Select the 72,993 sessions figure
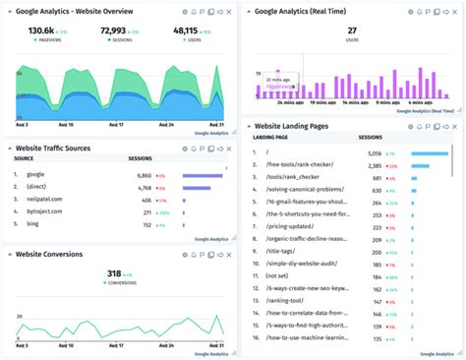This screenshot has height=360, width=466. tap(119, 30)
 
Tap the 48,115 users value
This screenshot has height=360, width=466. tap(186, 30)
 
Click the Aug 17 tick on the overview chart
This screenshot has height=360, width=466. tap(115, 125)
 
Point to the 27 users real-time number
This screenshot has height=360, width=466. tap(351, 30)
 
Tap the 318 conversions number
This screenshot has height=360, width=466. tap(114, 273)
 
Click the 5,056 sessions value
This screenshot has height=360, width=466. tap(375, 153)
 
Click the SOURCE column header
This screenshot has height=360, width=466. tap(24, 157)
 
